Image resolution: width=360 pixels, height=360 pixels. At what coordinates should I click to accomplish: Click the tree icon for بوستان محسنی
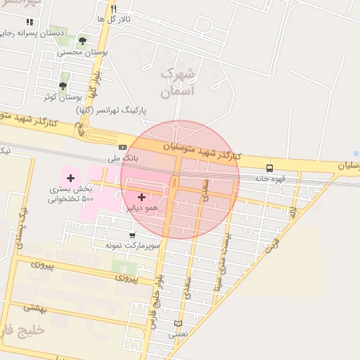click(83, 41)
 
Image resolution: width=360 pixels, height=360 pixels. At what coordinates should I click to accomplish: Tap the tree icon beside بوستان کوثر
click(63, 86)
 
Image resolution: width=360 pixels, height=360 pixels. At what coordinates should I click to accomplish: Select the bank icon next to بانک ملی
click(123, 147)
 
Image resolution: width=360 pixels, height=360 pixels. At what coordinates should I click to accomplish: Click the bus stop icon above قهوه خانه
click(269, 167)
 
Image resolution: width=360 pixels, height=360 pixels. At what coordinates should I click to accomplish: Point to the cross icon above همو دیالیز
click(142, 197)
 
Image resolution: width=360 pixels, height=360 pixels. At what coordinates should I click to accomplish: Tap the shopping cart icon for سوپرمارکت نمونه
click(132, 235)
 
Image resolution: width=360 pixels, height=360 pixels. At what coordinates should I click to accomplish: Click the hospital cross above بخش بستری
click(70, 178)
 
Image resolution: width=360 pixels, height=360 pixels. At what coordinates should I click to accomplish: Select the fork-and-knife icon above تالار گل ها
click(113, 8)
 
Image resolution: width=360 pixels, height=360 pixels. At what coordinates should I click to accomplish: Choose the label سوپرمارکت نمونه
click(134, 245)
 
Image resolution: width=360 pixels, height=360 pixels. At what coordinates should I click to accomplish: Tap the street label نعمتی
click(177, 335)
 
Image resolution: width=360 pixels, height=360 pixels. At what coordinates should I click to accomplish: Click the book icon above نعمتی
click(177, 323)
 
